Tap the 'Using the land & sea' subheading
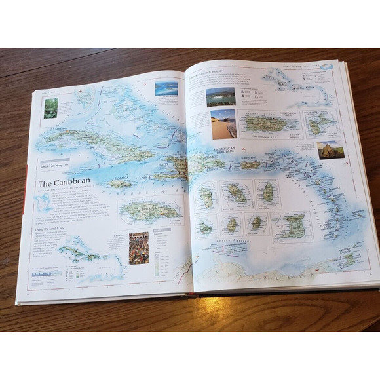pyautogui.click(x=54, y=229)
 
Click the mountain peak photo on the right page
pyautogui.click(x=330, y=149)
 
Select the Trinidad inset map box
pyautogui.click(x=292, y=226)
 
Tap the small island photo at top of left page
pyautogui.click(x=166, y=88)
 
